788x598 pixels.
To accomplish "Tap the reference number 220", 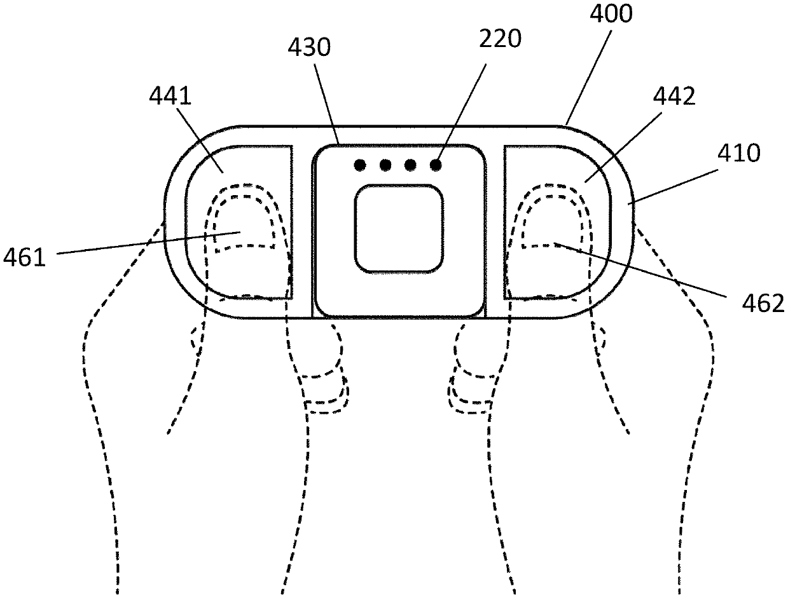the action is click(x=501, y=40).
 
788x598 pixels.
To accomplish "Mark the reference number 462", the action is click(x=764, y=303).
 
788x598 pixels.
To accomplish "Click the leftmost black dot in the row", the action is click(x=360, y=165).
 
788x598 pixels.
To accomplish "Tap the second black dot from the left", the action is click(x=385, y=165).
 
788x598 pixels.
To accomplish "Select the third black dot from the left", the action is click(x=410, y=165).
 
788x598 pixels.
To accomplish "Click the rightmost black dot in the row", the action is click(x=436, y=165).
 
